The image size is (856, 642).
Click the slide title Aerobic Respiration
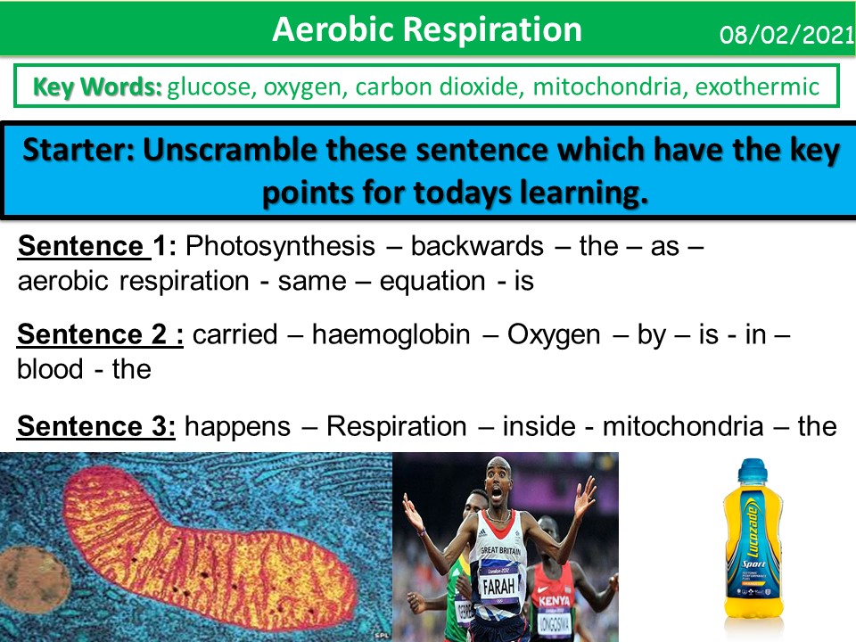click(427, 29)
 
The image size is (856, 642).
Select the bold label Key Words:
click(97, 86)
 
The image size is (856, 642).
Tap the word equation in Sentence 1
click(432, 281)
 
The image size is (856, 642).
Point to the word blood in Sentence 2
click(50, 368)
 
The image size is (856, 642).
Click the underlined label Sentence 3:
click(97, 426)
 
